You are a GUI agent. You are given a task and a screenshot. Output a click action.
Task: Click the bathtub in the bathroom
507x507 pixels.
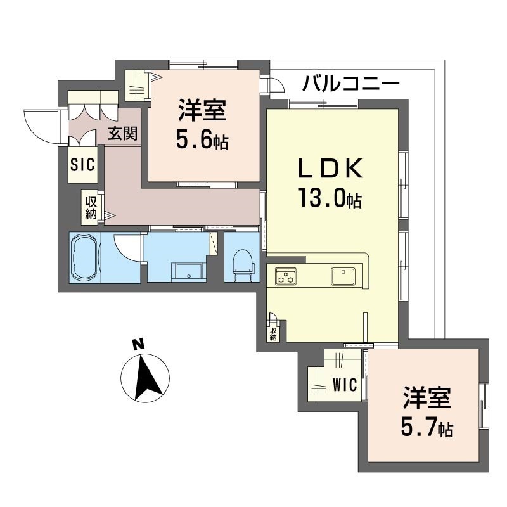86,257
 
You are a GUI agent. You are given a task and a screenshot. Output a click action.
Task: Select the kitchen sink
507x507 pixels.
343,276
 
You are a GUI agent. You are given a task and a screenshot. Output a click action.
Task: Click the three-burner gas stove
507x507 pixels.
286,276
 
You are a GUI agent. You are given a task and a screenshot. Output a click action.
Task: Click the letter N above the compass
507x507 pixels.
138,344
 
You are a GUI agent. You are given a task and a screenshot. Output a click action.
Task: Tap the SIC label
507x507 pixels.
82,164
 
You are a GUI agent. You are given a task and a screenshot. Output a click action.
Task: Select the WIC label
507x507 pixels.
345,385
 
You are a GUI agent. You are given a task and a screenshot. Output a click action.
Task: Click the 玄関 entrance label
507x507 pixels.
122,133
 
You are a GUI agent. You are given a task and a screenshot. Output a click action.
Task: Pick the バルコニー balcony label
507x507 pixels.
351,84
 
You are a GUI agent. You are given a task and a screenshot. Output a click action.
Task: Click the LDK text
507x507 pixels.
330,169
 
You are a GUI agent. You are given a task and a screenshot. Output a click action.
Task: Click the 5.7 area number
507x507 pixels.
418,427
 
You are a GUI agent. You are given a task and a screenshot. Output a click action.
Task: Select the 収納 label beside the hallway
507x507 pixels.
91,208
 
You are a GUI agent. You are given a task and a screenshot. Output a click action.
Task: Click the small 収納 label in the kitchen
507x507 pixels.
273,334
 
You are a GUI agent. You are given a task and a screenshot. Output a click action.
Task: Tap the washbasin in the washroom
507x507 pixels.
189,272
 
